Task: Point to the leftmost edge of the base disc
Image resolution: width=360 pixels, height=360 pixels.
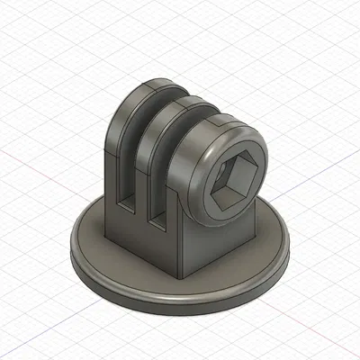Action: pyautogui.click(x=70, y=252)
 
